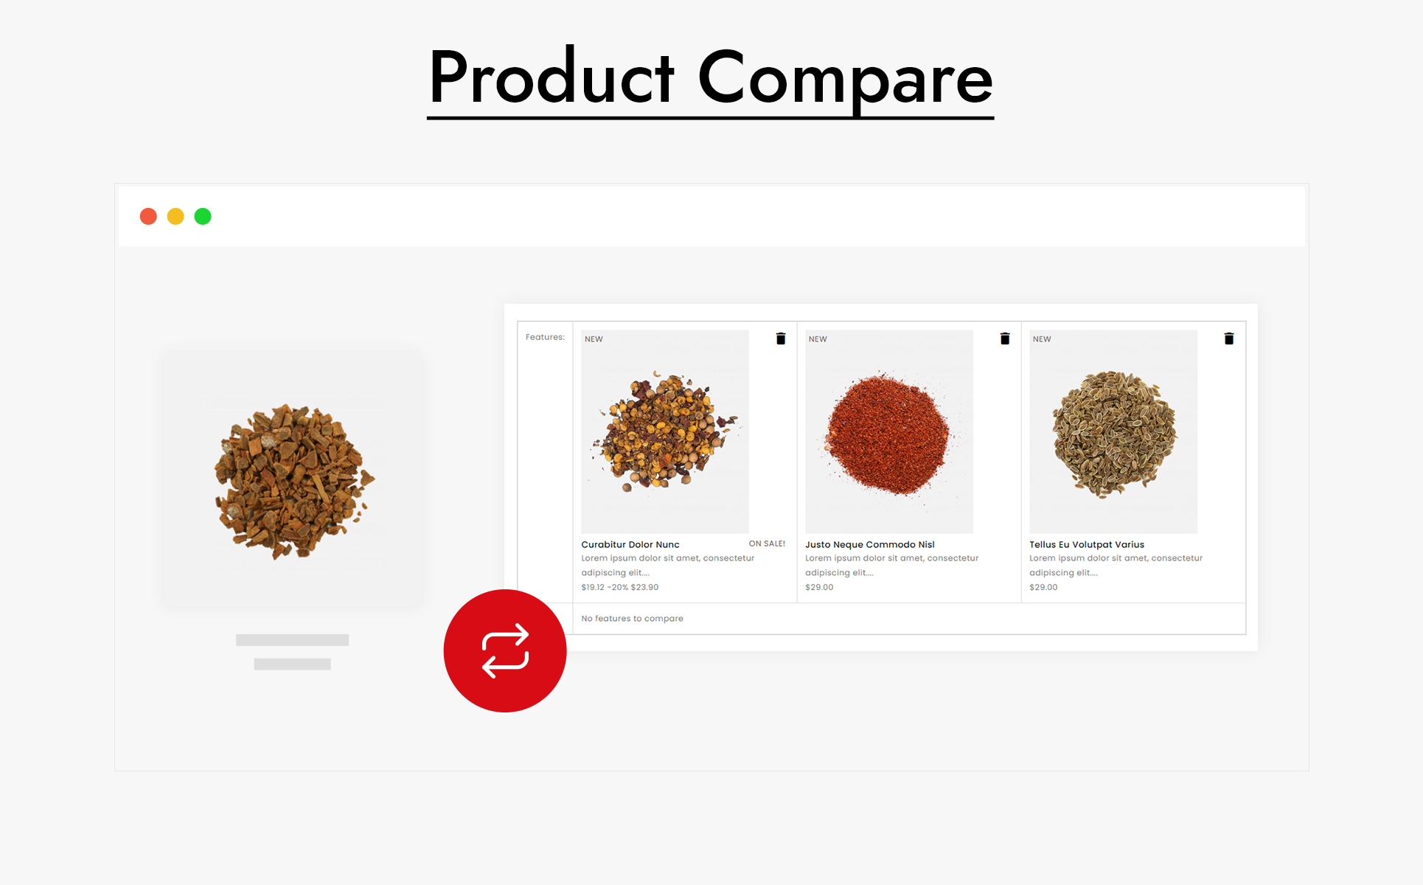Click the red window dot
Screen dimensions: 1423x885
[x=148, y=216]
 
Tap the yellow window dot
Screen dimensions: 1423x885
[x=175, y=216]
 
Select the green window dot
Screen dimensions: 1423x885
[x=203, y=216]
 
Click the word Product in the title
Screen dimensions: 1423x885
[x=552, y=77]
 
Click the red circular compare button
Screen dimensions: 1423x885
[x=505, y=650]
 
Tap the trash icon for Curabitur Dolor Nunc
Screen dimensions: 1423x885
[x=781, y=339]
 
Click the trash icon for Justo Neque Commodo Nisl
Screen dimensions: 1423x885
[x=1005, y=339]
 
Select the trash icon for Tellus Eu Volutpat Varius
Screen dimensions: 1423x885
[x=1229, y=339]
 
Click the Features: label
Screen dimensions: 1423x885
[x=545, y=337]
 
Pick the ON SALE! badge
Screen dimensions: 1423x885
[x=767, y=544]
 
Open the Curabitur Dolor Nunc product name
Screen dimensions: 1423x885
[x=630, y=544]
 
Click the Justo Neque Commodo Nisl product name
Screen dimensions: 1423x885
[x=870, y=544]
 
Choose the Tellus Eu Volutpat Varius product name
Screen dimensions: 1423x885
[x=1087, y=544]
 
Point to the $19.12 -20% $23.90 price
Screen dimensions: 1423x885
[x=620, y=587]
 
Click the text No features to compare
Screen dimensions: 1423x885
[x=632, y=618]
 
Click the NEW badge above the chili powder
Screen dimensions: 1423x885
[x=818, y=339]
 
